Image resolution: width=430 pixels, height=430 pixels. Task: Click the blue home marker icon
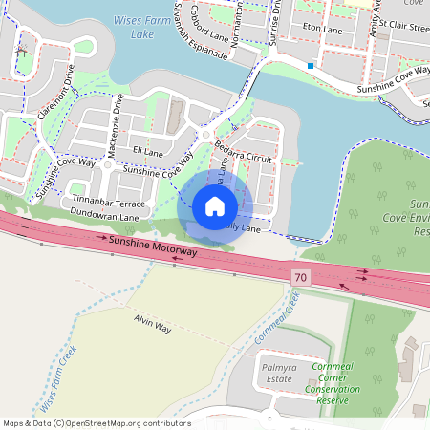215,205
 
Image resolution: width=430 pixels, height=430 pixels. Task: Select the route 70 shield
302,275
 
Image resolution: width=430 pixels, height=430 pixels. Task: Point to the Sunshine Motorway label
154,247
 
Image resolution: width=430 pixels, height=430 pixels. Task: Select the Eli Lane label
148,151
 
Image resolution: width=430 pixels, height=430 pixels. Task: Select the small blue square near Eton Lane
311,65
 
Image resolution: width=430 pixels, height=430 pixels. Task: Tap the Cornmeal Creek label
277,320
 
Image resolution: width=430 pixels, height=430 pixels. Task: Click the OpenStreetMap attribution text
96,422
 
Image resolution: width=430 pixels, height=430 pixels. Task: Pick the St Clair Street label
404,30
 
